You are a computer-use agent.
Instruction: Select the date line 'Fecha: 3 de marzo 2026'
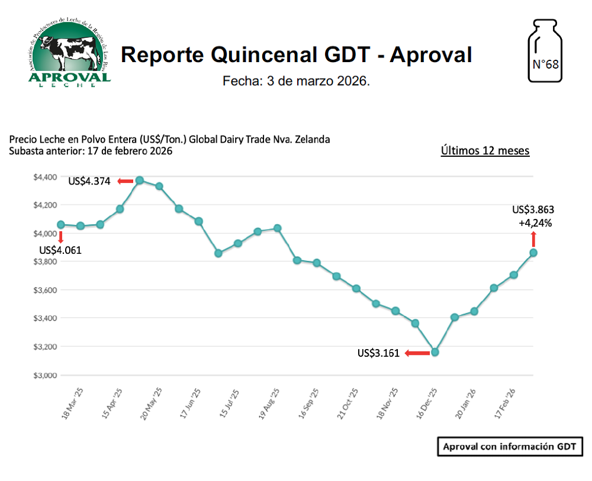coord(296,81)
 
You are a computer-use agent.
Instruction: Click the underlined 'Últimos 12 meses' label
coord(485,150)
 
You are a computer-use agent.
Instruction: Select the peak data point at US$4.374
coord(140,180)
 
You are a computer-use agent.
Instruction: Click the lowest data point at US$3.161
coord(435,352)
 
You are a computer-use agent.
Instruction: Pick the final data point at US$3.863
coord(533,253)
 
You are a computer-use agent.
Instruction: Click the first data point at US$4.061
coord(60,224)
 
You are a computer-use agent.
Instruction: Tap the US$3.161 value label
coord(378,353)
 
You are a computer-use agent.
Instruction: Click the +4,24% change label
coord(536,223)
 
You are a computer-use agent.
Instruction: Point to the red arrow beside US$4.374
coord(125,181)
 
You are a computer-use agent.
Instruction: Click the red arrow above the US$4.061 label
coord(60,237)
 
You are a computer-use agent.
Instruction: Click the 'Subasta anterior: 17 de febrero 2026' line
coord(91,151)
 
